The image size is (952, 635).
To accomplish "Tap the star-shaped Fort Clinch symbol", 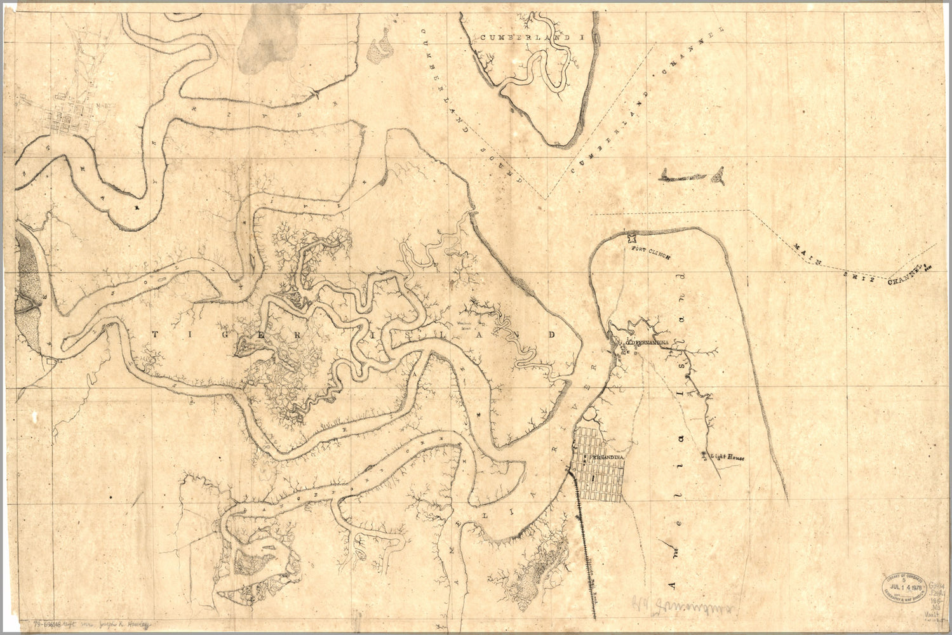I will click(631, 239).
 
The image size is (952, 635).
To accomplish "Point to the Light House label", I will click(727, 457).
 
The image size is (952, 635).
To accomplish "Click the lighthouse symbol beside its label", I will click(704, 454).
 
